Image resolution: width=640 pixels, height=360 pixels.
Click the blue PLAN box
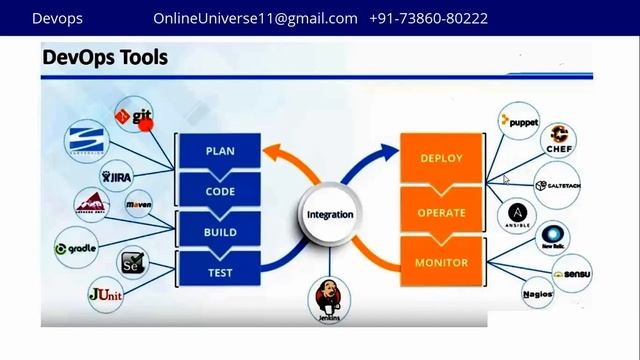220,152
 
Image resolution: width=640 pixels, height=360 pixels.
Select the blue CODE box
220,191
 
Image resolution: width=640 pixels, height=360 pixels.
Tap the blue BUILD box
220,232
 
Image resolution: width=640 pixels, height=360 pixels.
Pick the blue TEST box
220,270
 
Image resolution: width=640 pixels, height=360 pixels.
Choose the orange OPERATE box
441,212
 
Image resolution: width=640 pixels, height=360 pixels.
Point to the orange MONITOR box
441,264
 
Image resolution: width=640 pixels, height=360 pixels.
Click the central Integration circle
329,215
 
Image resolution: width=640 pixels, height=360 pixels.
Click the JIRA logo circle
117,176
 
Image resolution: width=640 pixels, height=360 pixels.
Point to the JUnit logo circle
106,294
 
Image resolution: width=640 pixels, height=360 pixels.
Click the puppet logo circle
519,122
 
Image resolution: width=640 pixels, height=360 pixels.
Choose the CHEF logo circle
558,142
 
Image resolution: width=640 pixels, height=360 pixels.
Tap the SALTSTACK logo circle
557,186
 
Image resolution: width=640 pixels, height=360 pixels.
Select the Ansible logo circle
517,215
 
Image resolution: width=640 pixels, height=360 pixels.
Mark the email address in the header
255,18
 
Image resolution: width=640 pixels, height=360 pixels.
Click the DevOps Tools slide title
105,58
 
